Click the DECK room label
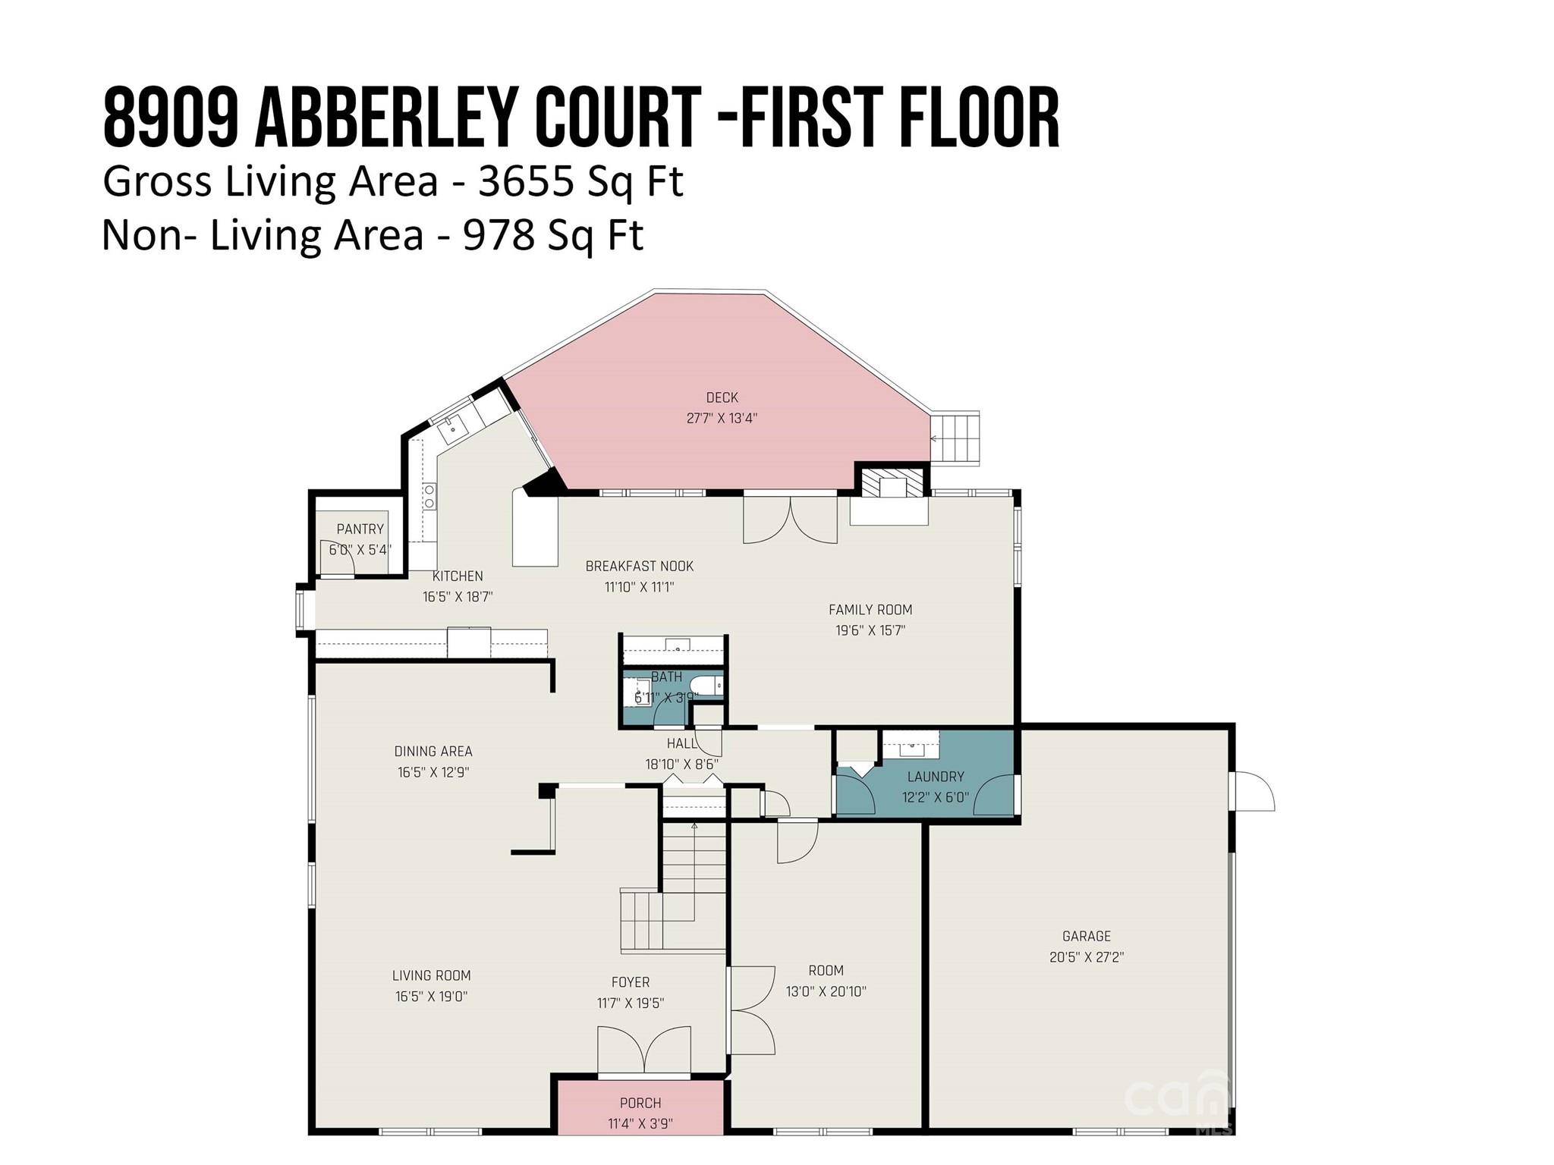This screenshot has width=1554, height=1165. (x=722, y=397)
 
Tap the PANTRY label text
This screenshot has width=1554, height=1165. (x=360, y=529)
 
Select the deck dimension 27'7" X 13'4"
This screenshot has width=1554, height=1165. (x=722, y=418)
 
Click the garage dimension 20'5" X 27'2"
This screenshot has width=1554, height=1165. (x=1087, y=957)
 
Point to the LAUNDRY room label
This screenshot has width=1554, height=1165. (x=936, y=777)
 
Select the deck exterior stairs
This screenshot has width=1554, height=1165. (x=955, y=438)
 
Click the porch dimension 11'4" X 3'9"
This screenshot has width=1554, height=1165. (x=640, y=1123)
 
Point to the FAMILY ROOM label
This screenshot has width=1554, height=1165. (x=870, y=610)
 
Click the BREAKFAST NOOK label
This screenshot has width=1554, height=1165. (x=640, y=567)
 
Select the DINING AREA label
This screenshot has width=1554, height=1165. (x=433, y=752)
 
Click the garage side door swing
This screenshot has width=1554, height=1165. (x=1253, y=791)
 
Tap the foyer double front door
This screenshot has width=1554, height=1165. (x=644, y=1051)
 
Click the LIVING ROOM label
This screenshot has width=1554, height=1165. (x=432, y=976)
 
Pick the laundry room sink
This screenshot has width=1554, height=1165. (x=911, y=747)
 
